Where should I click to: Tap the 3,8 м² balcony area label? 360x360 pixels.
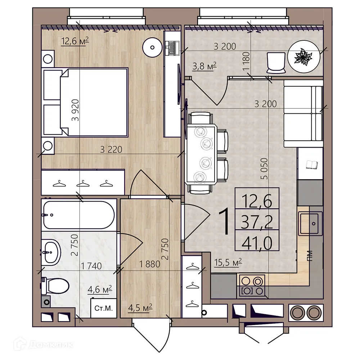pos(204,66)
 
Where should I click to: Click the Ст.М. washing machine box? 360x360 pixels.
pos(103,309)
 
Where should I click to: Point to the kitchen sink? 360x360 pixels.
pos(310,224)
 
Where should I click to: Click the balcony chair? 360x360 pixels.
pos(276,62)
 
